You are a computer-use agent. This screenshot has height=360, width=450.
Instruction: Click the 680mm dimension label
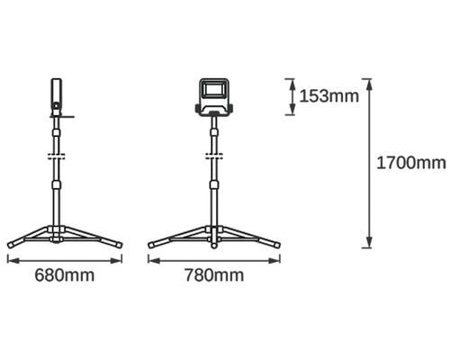tap(65, 275)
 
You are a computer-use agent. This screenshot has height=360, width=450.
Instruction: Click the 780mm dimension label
tap(214, 275)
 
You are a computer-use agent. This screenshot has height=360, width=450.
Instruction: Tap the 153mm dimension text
tap(329, 96)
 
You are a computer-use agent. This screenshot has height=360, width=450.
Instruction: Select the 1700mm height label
tap(411, 163)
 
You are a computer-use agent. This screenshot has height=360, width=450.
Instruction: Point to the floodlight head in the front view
tap(213, 97)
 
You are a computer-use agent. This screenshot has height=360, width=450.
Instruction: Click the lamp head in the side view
tap(57, 97)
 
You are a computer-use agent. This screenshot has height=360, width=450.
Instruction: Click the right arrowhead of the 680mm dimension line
tap(116, 261)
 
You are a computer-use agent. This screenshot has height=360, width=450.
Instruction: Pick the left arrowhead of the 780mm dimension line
tap(154, 261)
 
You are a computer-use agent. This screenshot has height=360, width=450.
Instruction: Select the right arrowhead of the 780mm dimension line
tap(274, 261)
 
